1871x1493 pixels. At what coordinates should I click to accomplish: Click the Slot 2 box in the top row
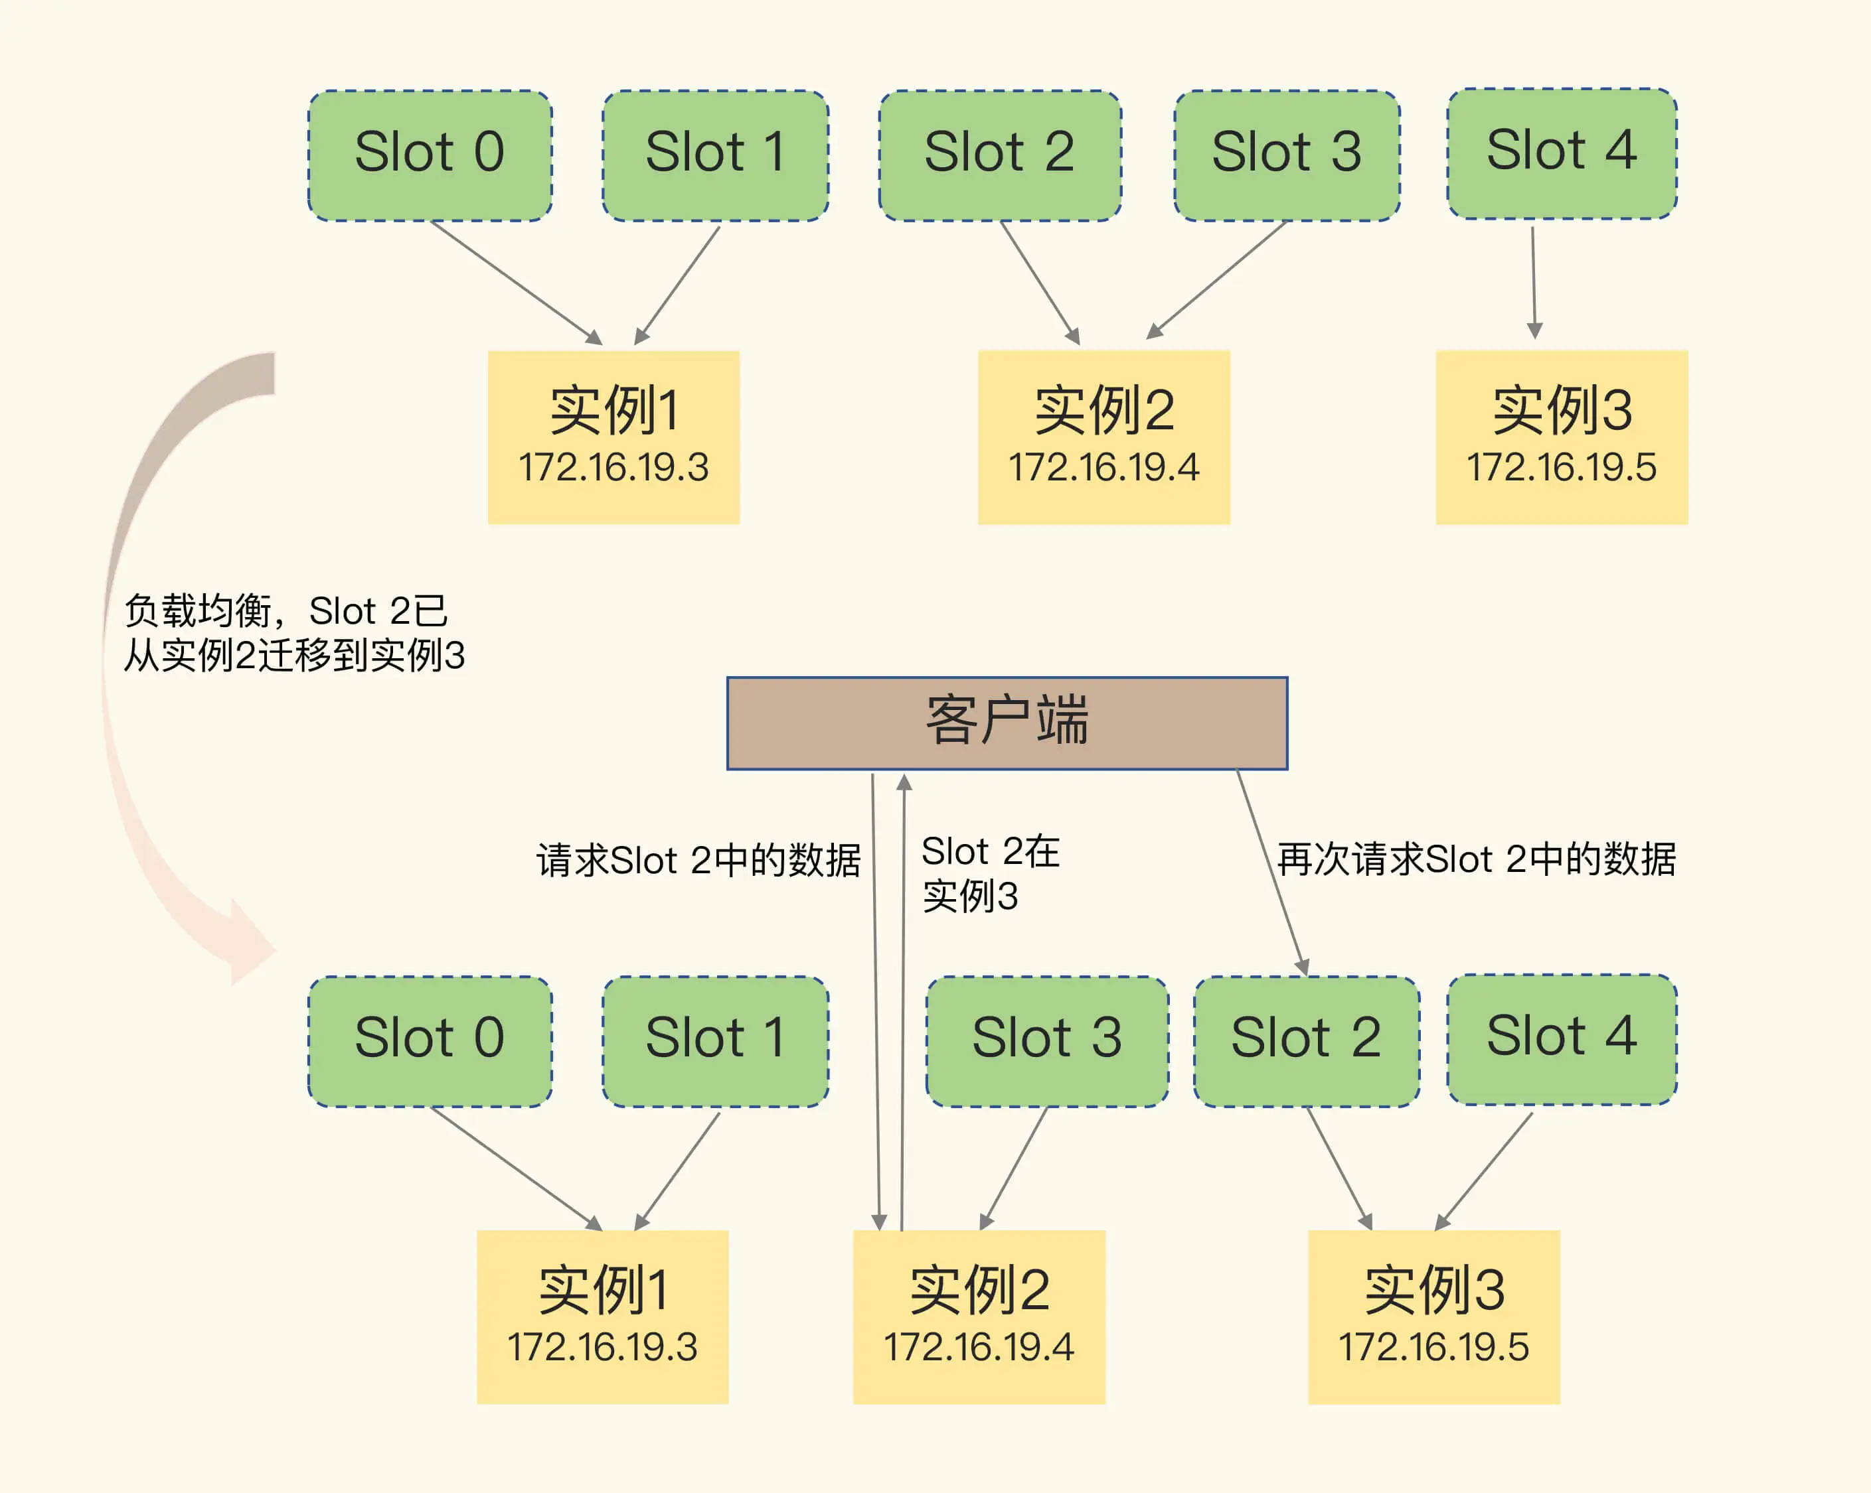(1000, 155)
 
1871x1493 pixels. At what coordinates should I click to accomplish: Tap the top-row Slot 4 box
(1561, 152)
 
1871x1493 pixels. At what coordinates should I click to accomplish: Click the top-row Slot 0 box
(430, 155)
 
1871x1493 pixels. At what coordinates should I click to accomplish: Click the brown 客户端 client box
(1007, 723)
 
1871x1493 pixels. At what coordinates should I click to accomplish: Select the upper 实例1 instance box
(613, 437)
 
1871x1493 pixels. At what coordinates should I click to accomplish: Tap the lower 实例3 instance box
(1433, 1316)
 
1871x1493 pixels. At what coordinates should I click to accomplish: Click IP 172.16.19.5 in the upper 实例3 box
(1561, 468)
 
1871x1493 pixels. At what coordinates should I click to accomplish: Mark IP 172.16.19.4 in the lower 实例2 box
(978, 1347)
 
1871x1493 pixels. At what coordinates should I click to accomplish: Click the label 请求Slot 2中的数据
(698, 861)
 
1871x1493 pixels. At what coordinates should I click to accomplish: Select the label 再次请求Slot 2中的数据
(1476, 859)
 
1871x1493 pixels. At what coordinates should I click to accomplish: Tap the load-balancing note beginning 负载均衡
(293, 633)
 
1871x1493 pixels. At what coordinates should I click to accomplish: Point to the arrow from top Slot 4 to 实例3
(1534, 282)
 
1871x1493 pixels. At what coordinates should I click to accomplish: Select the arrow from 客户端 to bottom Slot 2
(1271, 872)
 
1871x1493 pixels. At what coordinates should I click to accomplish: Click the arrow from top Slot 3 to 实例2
(1216, 279)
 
